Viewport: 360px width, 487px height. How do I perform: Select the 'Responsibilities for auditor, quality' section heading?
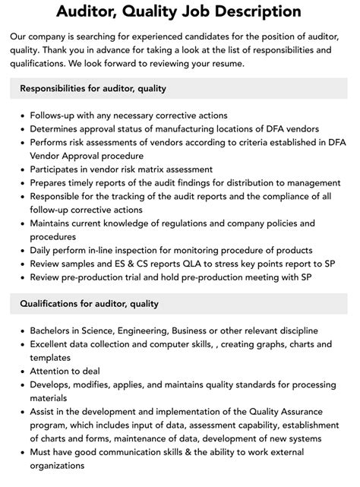pyautogui.click(x=93, y=88)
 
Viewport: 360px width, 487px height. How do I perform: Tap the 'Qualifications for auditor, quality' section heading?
pyautogui.click(x=90, y=305)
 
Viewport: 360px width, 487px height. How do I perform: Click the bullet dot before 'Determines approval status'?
pyautogui.click(x=22, y=129)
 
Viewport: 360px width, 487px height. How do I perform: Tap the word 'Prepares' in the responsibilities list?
pyautogui.click(x=52, y=183)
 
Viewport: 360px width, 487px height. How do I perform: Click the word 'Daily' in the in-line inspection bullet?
pyautogui.click(x=43, y=250)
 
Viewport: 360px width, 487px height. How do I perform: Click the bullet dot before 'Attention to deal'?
pyautogui.click(x=22, y=372)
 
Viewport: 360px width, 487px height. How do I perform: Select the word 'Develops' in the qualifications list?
pyautogui.click(x=52, y=385)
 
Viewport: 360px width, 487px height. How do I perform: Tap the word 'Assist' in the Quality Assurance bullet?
pyautogui.click(x=45, y=413)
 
